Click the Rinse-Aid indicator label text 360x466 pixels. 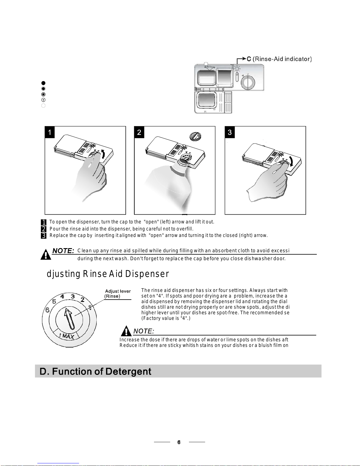tap(282, 59)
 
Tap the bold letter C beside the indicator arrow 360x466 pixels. tap(249, 59)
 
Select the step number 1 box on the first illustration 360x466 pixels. tap(50, 132)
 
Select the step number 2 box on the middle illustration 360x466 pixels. tap(139, 132)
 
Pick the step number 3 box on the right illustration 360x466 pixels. tap(230, 132)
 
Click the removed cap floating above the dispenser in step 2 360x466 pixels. tap(195, 136)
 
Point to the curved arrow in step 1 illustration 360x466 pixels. tap(103, 154)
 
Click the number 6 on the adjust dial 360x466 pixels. tap(48, 310)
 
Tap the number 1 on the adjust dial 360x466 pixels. tap(90, 308)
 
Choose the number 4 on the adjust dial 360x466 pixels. tap(62, 296)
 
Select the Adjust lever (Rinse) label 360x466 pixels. tap(117, 294)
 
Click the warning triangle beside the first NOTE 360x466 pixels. tap(46, 254)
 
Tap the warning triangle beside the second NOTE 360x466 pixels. tap(126, 331)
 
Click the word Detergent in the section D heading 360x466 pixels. tap(128, 372)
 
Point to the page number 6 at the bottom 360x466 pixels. tap(179, 442)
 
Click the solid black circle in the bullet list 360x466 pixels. tap(43, 83)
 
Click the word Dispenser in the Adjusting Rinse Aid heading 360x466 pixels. tap(147, 274)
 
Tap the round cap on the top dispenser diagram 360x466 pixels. tap(248, 82)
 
